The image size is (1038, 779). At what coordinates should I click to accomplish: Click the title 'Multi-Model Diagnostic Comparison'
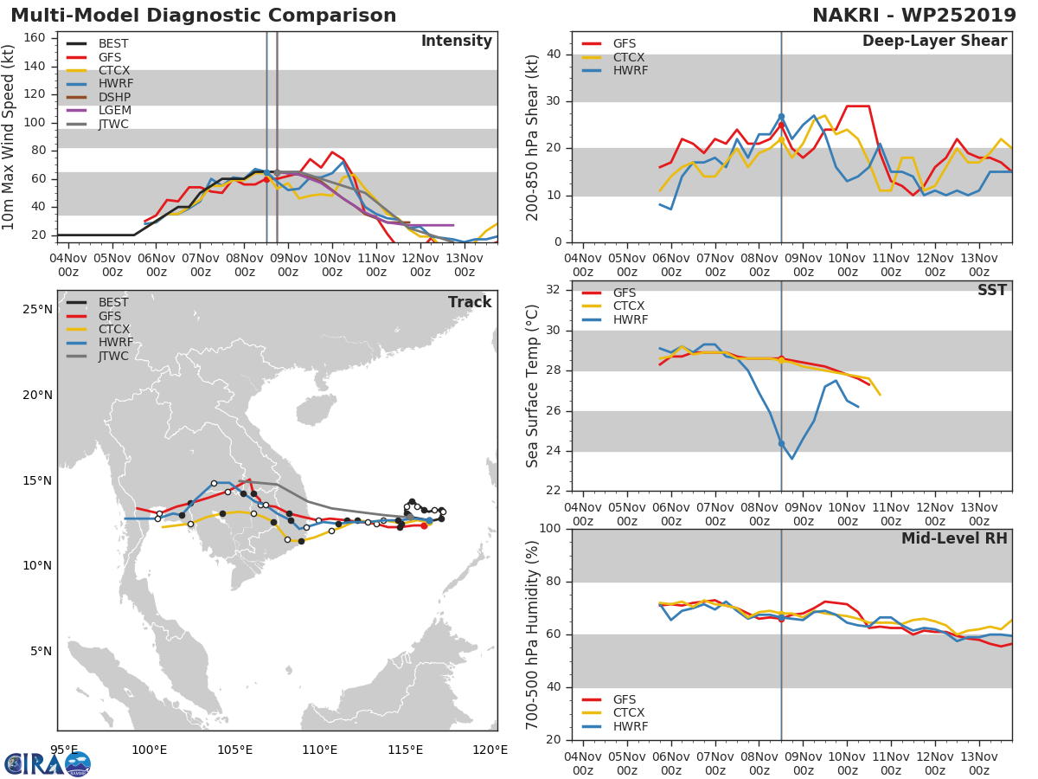coord(203,16)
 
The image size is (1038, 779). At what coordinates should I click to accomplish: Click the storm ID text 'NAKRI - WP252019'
coord(913,16)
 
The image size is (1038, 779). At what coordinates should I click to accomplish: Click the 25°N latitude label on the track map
coord(37,310)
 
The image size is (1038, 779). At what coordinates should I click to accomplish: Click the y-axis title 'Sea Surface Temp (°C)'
coord(533,385)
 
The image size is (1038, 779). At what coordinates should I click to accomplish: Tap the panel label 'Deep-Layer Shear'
coord(934,42)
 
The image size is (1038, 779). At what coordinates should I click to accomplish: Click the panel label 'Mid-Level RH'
coord(954,538)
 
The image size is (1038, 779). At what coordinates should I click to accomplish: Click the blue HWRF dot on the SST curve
coord(781,443)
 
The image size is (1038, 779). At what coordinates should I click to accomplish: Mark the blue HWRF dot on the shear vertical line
coord(781,116)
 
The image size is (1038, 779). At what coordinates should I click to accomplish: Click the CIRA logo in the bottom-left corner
coord(48,763)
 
